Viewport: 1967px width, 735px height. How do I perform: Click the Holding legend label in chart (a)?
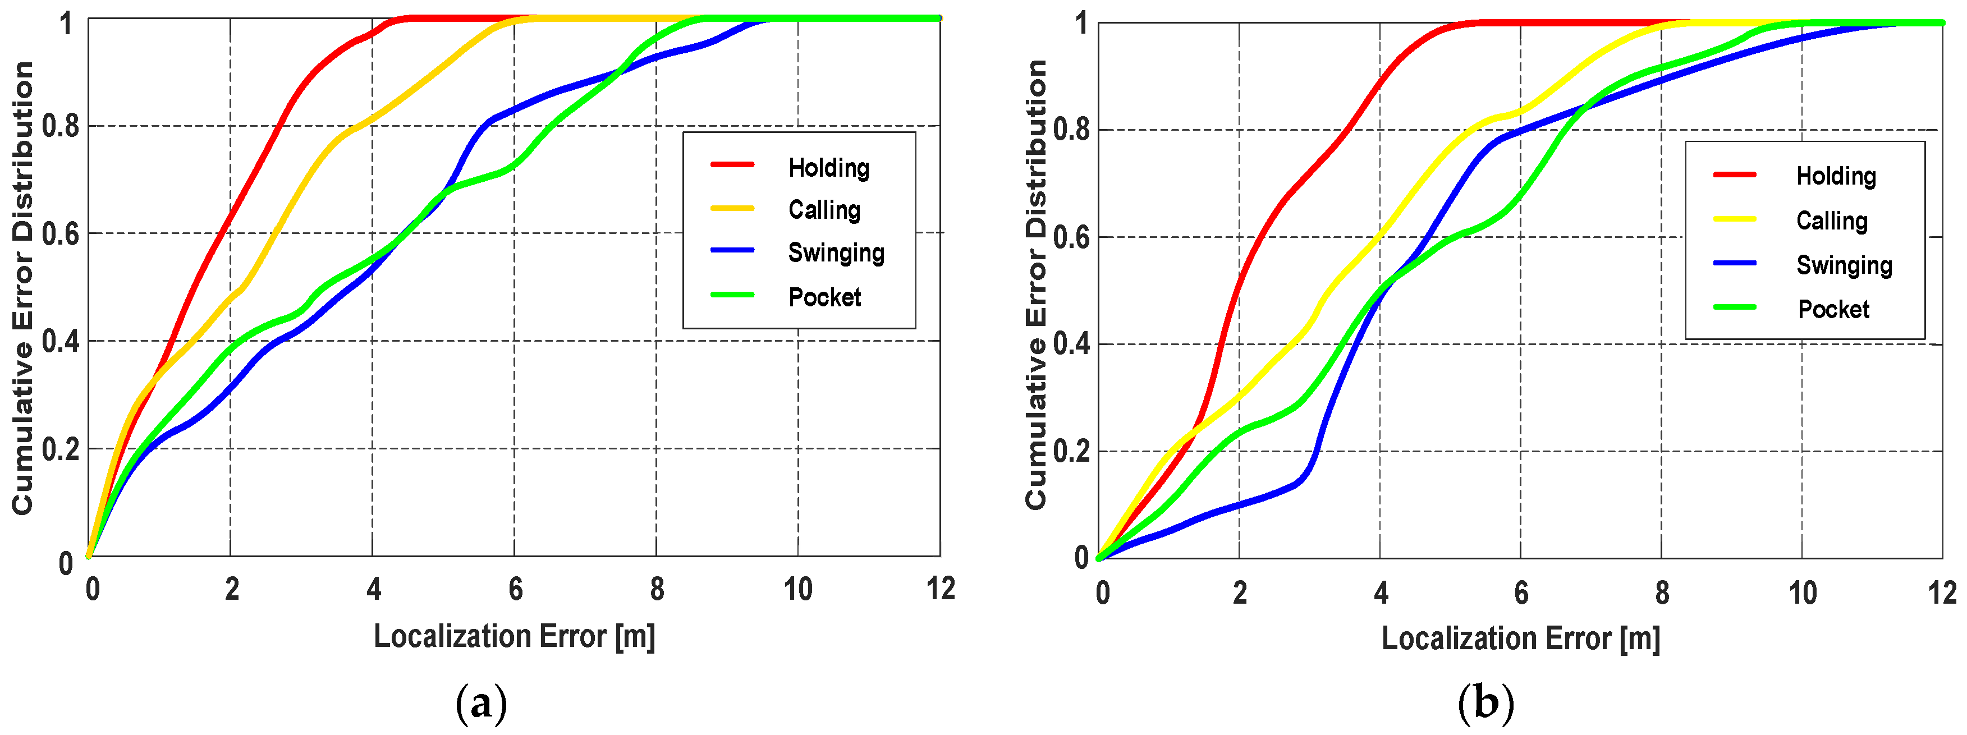tap(828, 167)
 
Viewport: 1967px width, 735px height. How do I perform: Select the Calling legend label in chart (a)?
tap(824, 210)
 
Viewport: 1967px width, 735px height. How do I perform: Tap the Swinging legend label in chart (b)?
tap(1844, 265)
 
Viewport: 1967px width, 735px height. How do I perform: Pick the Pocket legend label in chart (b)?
tap(1833, 309)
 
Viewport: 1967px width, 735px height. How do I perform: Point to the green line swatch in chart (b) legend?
tap(1734, 307)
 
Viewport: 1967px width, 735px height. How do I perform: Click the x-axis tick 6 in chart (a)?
tap(515, 589)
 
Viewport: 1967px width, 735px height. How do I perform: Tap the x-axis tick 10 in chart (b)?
tap(1803, 593)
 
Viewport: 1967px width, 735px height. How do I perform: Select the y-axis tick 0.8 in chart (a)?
tap(60, 126)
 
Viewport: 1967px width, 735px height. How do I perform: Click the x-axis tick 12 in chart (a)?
tap(941, 589)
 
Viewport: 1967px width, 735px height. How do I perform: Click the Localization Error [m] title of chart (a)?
tap(514, 636)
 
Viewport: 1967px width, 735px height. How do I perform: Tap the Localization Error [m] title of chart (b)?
tap(1520, 638)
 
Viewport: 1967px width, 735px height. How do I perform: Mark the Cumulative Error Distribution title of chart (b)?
tap(1035, 284)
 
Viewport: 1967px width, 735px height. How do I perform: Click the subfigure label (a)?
tap(481, 703)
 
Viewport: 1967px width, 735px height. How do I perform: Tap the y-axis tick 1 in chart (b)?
tap(1081, 23)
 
